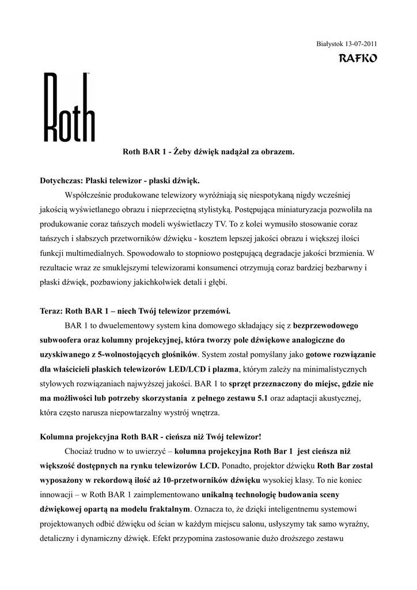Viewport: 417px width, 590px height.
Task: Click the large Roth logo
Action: click(x=69, y=107)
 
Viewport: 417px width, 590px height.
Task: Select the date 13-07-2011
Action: click(x=361, y=44)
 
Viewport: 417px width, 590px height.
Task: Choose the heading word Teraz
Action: click(x=51, y=312)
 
